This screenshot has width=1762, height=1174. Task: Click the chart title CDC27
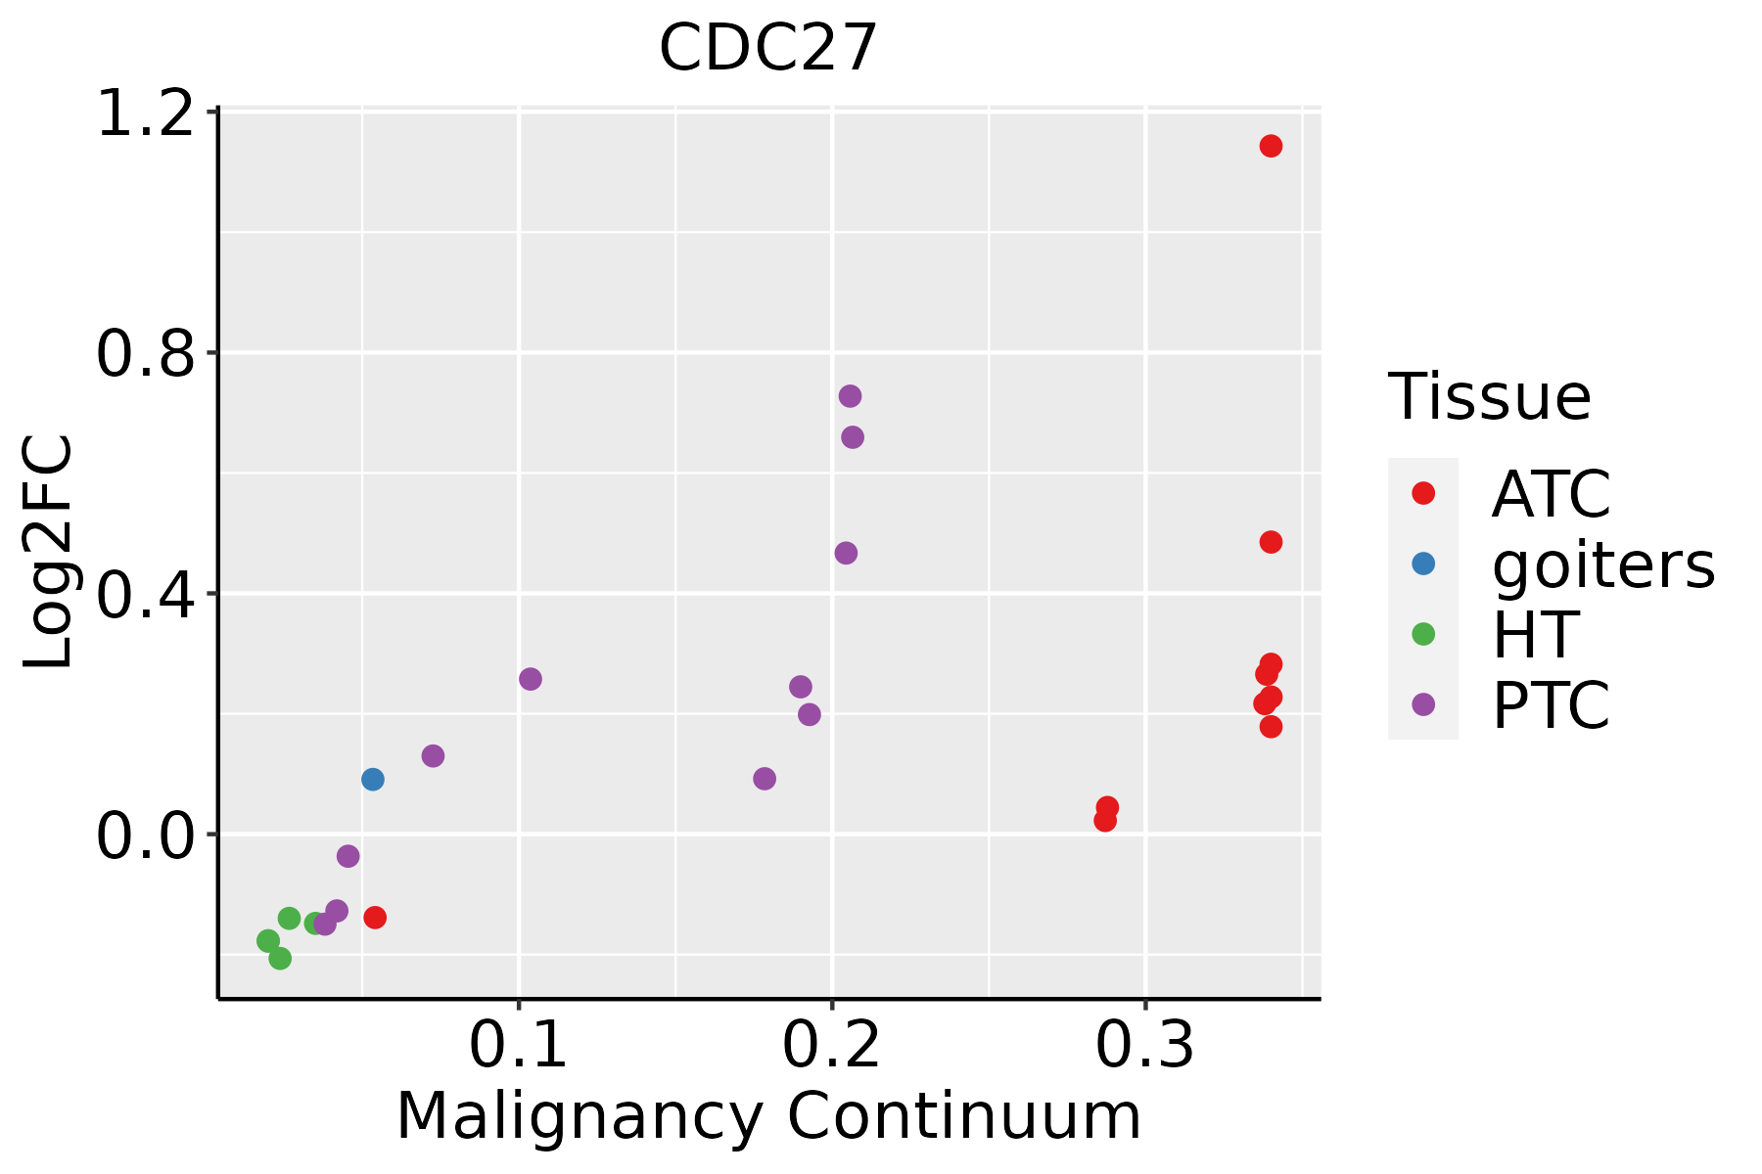pos(768,48)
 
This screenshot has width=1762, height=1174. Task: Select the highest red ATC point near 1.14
pos(1271,146)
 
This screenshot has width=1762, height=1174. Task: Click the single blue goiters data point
pos(372,780)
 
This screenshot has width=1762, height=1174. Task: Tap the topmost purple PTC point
pos(850,396)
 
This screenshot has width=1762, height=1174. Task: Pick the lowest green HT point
pos(280,958)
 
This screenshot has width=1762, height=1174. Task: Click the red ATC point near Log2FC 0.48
pos(1271,542)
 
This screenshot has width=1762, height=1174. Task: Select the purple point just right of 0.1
pos(531,679)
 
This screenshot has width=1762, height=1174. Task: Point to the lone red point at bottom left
pos(375,918)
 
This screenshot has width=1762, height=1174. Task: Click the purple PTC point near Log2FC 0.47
pos(846,553)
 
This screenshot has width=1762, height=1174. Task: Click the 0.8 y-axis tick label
pos(146,353)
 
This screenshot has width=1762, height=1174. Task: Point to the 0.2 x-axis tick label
pos(831,1045)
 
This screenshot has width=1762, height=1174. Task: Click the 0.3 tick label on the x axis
pos(1144,1045)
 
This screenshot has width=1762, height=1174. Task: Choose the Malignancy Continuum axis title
pos(768,1116)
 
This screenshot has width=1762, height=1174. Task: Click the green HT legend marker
pos(1423,634)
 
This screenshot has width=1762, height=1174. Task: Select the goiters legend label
pos(1602,564)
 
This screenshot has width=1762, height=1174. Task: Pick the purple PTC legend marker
pos(1423,704)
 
